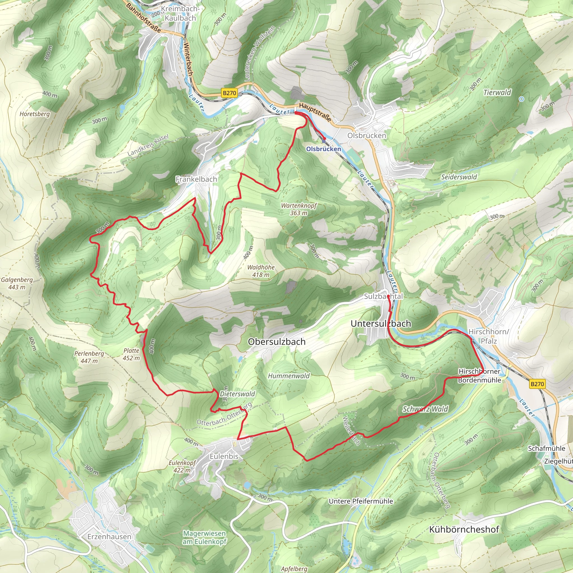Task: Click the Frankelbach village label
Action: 196,179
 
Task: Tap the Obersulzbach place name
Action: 276,342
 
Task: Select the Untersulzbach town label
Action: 381,324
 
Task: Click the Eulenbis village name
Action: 224,456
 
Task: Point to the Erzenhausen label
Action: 109,537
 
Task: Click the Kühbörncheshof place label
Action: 464,529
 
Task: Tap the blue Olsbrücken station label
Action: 324,149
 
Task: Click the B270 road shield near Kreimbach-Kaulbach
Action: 229,93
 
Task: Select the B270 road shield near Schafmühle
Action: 537,384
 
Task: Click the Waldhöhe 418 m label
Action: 261,271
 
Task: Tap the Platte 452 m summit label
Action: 131,354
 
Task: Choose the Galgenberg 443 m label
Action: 17,283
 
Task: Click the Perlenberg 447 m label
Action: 89,357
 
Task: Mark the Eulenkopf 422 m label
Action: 182,466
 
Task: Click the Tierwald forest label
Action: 497,93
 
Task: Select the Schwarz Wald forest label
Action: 425,409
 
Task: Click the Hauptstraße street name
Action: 315,112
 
